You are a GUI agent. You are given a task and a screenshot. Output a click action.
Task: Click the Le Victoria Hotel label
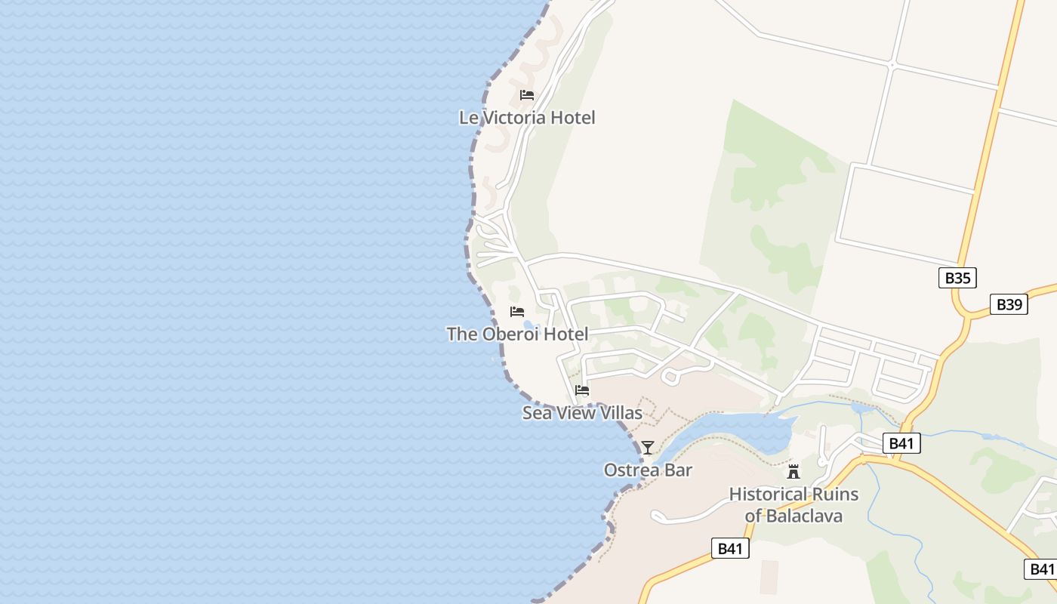[x=527, y=118]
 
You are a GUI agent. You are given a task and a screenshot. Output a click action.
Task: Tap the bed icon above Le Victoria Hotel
[x=527, y=95]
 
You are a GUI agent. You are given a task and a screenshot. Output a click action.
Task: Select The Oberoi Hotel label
[x=517, y=334]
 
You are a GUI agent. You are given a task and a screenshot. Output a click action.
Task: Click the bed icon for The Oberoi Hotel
[x=517, y=311]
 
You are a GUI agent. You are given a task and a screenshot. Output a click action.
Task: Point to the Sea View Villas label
[x=582, y=413]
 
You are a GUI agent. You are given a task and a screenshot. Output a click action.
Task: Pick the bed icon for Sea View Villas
[x=582, y=390]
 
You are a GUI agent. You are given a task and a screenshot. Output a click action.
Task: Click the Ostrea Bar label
[x=648, y=470]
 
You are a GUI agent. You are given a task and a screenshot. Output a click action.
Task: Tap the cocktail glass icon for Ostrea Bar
[x=648, y=448]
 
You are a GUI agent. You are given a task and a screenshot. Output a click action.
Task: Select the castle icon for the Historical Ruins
[x=794, y=472]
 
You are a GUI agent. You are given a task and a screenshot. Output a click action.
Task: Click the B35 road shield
[x=957, y=278]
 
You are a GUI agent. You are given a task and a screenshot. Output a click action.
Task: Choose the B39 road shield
[x=1009, y=304]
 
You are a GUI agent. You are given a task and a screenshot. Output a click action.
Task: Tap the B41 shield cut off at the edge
[x=1041, y=569]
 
